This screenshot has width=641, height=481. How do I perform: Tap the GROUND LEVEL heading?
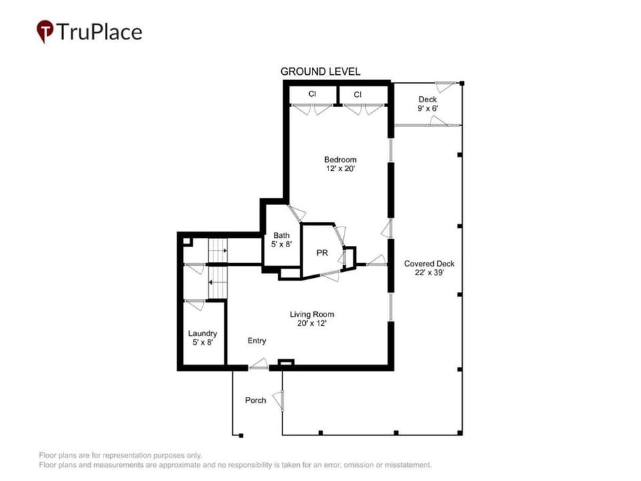pos(320,71)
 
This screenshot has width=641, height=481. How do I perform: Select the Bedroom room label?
pos(340,160)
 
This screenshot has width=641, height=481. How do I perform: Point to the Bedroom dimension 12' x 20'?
pos(340,168)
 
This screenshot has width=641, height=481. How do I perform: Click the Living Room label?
pos(312,315)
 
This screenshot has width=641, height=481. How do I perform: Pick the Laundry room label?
pos(202,334)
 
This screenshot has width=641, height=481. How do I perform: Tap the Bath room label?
pos(281,235)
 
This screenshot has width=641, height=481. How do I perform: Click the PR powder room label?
pos(322,253)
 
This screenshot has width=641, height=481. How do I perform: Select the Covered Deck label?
pos(429,264)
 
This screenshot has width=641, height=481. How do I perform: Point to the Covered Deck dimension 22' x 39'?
pos(429,273)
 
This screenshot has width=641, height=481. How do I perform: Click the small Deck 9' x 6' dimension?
pos(427,108)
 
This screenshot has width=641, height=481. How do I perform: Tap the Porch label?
pos(256,400)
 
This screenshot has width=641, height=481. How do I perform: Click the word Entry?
pos(256,341)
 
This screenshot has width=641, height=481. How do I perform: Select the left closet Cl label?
pos(312,94)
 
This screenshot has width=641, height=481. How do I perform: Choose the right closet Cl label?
pos(358,94)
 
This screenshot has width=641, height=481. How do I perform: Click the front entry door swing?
pos(258,365)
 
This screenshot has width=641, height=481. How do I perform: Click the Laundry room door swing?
pos(195,305)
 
